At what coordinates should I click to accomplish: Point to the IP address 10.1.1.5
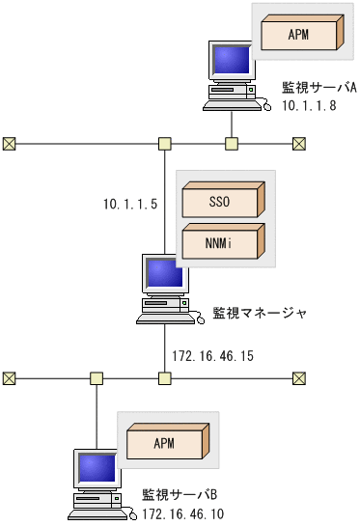(130, 204)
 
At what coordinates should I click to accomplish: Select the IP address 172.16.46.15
(212, 356)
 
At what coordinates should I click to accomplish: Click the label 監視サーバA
(318, 87)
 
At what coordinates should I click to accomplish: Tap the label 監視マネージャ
(260, 313)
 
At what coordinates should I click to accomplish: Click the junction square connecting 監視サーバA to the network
(231, 144)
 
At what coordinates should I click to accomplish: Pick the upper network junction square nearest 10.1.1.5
(164, 144)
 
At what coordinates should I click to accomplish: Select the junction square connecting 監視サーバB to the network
(97, 377)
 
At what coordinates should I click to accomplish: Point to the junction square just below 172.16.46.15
(164, 377)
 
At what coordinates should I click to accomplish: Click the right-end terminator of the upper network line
(299, 144)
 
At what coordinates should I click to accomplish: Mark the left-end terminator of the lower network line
(10, 377)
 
